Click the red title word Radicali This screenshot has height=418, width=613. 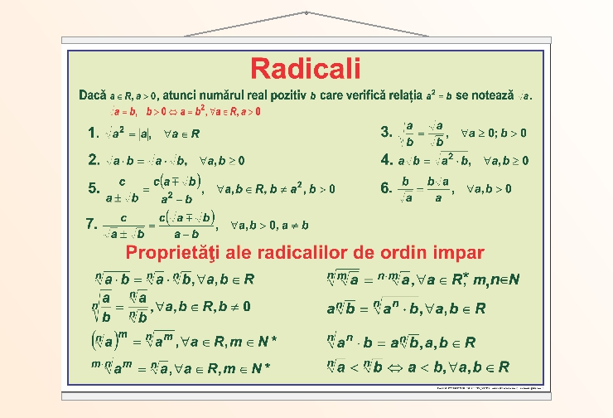[x=306, y=67]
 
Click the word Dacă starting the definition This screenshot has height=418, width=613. [x=93, y=95]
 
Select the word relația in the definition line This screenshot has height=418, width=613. [x=398, y=95]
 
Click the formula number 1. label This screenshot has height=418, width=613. [x=94, y=133]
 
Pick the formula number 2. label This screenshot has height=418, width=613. [x=94, y=159]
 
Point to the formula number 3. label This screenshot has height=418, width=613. [x=386, y=132]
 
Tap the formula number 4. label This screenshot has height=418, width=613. [x=386, y=159]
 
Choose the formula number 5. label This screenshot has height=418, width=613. [x=94, y=188]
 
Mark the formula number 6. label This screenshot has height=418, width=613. [x=386, y=188]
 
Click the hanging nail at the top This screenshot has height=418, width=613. [x=306, y=13]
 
